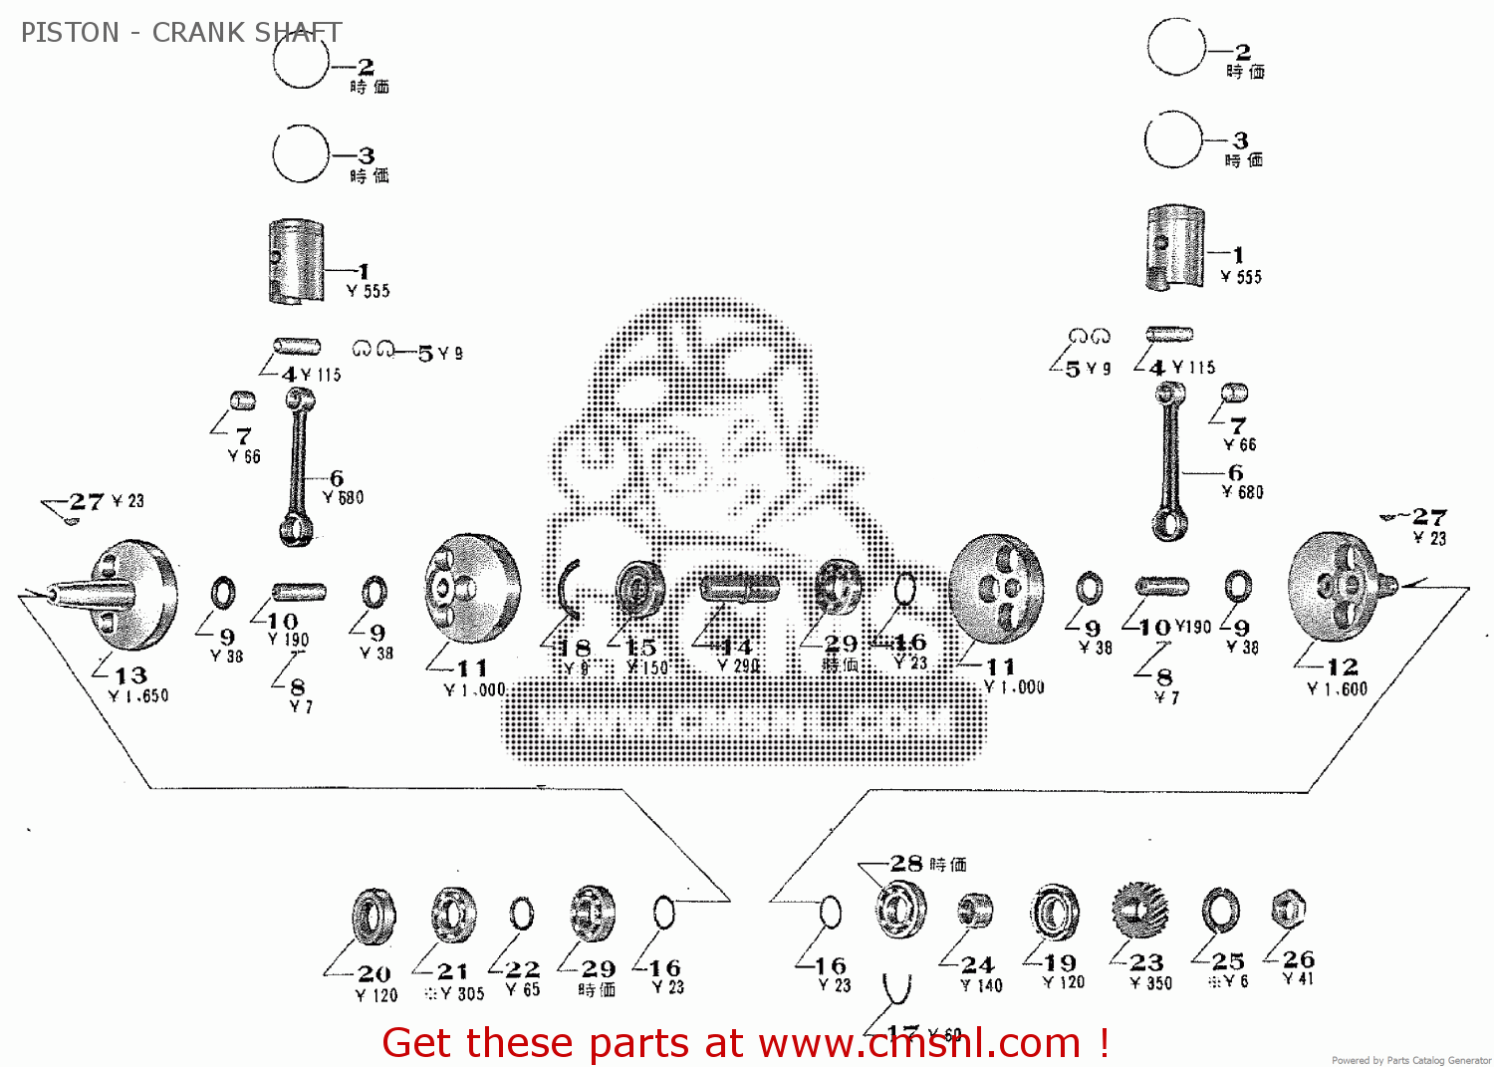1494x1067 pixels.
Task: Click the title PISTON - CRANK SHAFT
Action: tap(180, 33)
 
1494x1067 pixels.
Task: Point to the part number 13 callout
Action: tap(130, 675)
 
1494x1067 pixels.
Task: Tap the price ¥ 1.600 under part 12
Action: tap(1337, 689)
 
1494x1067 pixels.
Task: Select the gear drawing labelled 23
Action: tap(1140, 911)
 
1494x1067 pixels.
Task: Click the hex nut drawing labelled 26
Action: tap(1288, 909)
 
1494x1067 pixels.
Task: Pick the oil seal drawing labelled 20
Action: tap(374, 917)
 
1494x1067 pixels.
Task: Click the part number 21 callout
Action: tap(452, 971)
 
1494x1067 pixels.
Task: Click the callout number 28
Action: tap(906, 863)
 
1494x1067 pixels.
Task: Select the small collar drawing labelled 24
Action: tap(975, 911)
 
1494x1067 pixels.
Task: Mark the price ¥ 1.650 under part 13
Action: tap(138, 696)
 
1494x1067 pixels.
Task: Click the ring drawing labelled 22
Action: tap(521, 913)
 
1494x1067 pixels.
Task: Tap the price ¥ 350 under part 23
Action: tap(1151, 983)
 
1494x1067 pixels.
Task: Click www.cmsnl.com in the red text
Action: tap(919, 1043)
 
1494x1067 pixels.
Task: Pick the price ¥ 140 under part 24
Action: tap(981, 985)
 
